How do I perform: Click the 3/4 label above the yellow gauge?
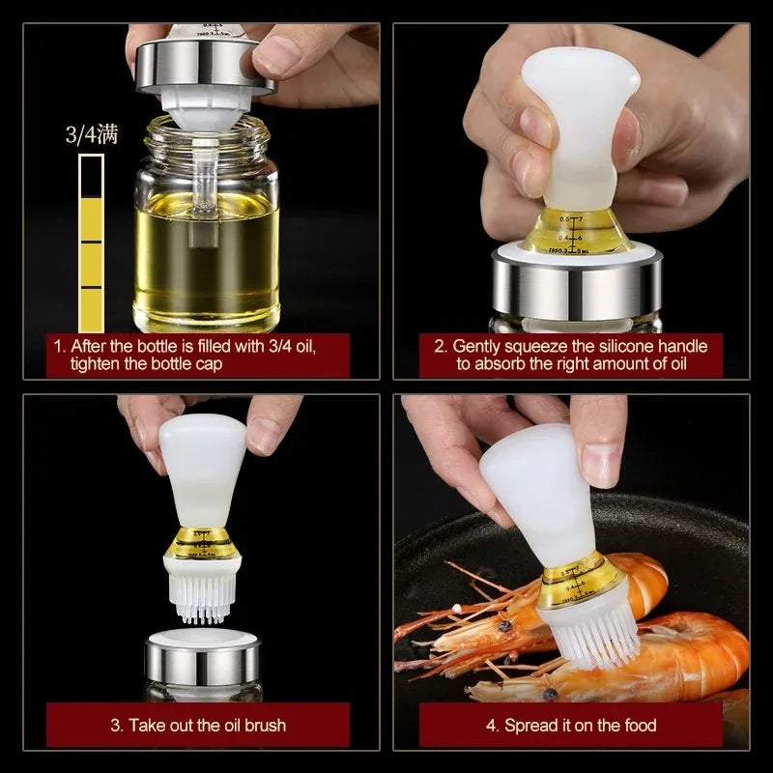[91, 134]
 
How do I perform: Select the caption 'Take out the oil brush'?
[199, 725]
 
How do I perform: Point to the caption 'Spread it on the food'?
[570, 725]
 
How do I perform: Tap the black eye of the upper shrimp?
[503, 626]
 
